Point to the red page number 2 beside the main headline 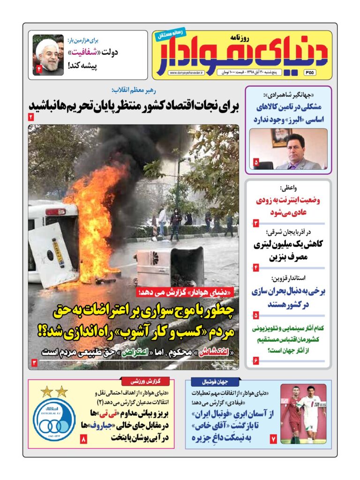(x=31, y=117)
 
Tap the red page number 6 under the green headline (x=256, y=360)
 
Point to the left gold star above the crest (x=46, y=391)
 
